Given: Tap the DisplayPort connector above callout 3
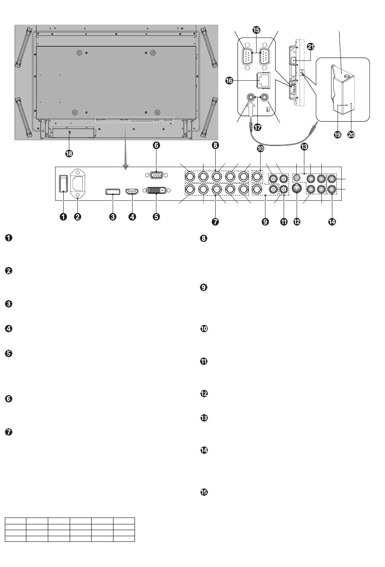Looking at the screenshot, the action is point(113,191).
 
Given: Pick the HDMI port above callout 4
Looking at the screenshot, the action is point(132,191).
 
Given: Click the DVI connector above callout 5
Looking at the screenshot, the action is point(156,190).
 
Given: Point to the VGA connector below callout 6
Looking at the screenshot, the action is point(156,175).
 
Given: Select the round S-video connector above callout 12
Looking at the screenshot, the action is point(297,189).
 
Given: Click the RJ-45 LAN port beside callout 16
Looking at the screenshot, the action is point(263,80).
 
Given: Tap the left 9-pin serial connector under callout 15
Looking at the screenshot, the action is point(247,56).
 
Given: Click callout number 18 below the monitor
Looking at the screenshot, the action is point(69,153).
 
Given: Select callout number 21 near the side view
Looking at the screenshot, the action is point(310,47).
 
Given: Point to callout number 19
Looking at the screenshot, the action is point(337,134).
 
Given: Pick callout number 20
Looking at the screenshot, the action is point(351,134).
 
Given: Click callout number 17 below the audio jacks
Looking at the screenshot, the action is point(257,127).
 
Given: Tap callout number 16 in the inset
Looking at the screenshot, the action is point(229,81).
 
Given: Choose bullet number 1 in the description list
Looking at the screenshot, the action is point(9,238).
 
